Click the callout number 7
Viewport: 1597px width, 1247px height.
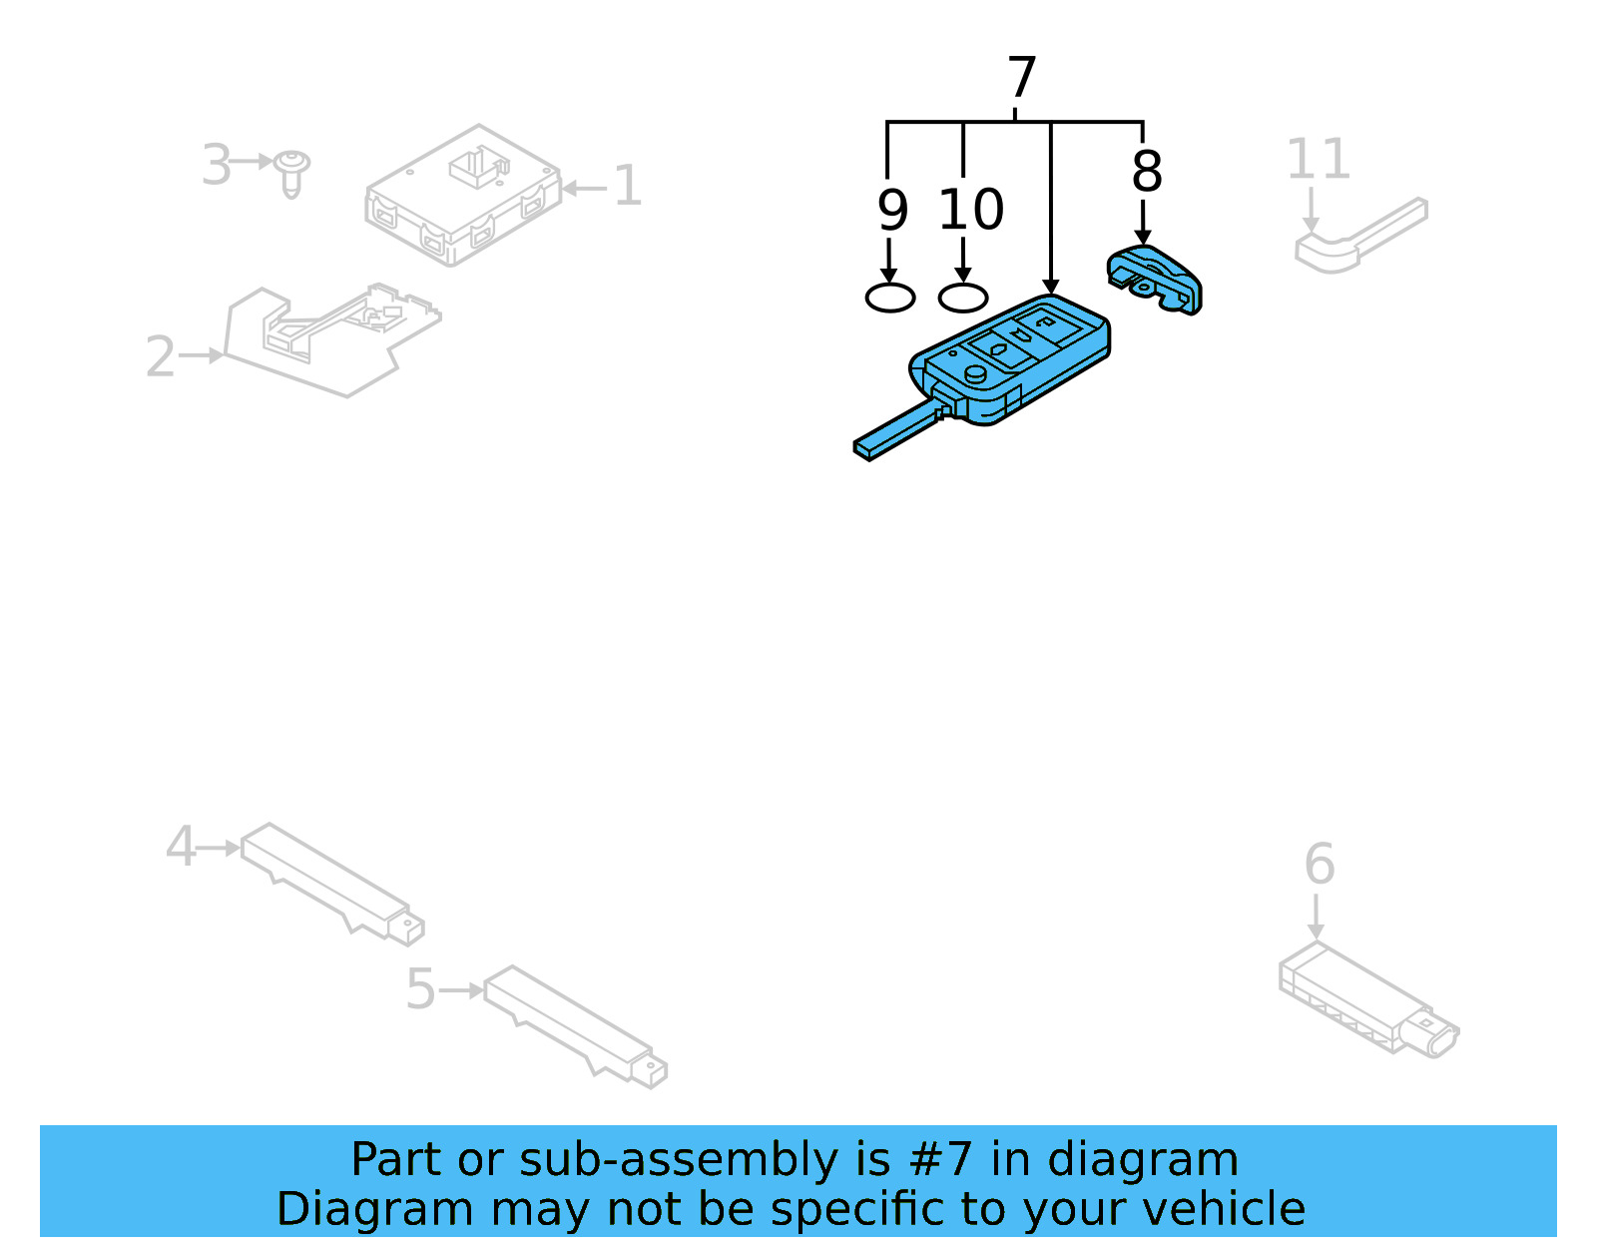pos(1022,78)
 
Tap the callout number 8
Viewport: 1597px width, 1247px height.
pos(1147,172)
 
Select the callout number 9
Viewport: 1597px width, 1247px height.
pos(892,211)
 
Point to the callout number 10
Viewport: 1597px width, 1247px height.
pos(970,211)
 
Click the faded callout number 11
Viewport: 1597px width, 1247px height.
pos(1318,160)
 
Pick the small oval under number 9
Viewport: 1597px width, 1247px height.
pos(890,298)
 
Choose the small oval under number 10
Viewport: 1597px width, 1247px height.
pos(963,298)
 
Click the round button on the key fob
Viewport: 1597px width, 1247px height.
pos(975,374)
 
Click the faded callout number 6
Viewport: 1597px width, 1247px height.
pos(1319,865)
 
